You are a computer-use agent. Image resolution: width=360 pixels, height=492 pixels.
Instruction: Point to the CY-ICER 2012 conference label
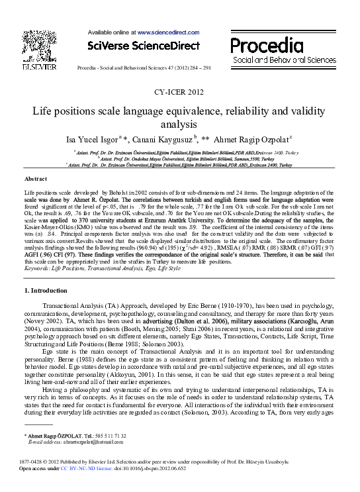pos(180,93)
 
